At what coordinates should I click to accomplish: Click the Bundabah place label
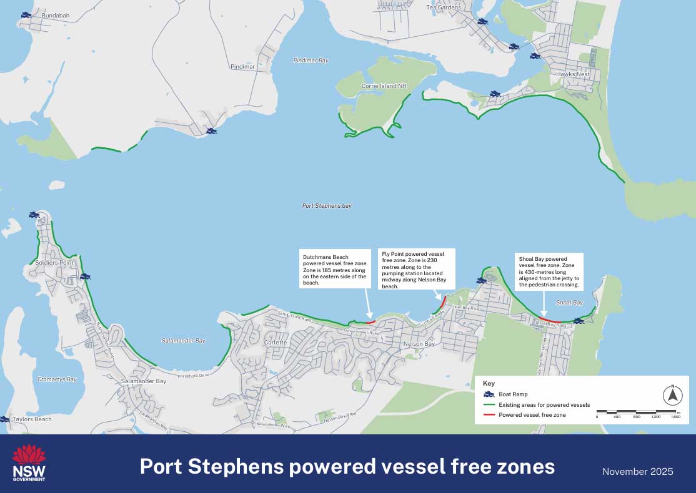[x=55, y=15]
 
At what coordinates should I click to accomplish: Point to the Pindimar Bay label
[x=311, y=61]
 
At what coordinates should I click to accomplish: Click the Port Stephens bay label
[x=327, y=205]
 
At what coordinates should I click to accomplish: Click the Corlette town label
[x=275, y=343]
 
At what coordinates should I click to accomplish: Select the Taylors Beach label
[x=32, y=419]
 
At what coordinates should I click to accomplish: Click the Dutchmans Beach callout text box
[x=334, y=270]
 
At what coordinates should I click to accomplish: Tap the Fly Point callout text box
[x=416, y=270]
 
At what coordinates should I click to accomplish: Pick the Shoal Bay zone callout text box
[x=549, y=271]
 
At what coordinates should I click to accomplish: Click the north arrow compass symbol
[x=672, y=395]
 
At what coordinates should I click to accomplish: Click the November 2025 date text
[x=637, y=471]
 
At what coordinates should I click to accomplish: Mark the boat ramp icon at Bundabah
[x=26, y=14]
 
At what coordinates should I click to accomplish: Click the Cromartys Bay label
[x=56, y=379]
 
